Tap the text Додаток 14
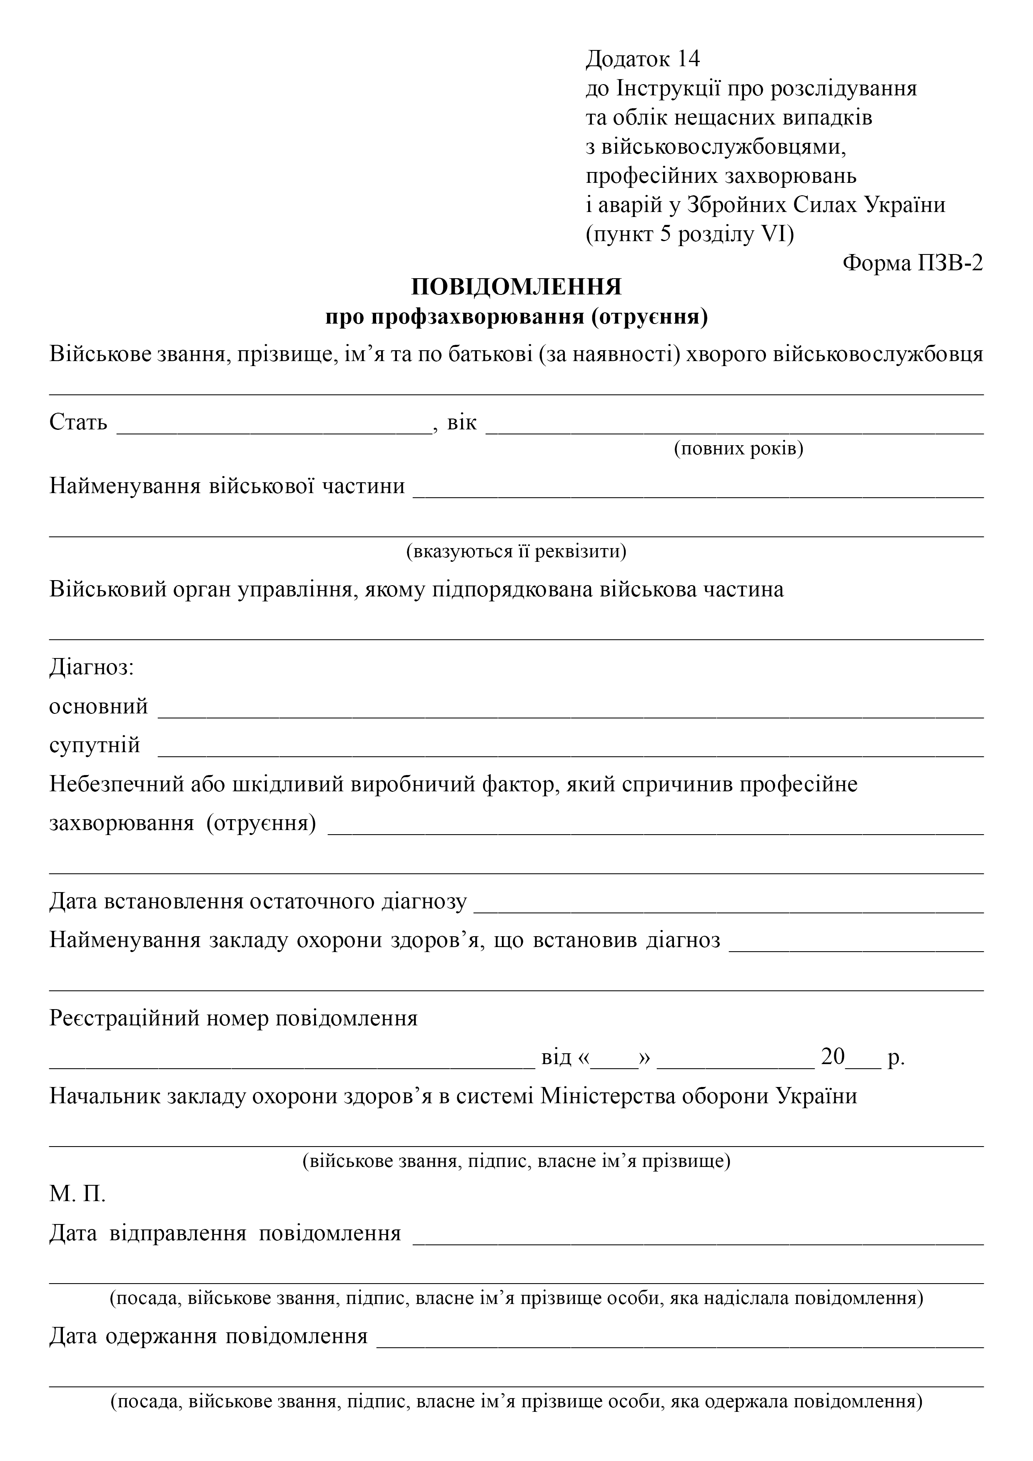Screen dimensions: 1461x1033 pos(642,59)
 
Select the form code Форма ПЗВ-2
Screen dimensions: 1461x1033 pos(912,263)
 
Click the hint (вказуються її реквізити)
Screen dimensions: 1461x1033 pos(516,551)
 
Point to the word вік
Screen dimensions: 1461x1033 pos(462,423)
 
